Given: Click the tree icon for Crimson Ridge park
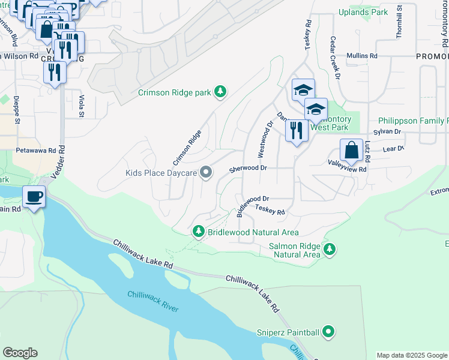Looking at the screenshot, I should (x=221, y=91).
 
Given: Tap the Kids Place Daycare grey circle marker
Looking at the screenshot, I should (x=206, y=173).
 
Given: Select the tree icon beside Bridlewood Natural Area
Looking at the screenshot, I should (x=198, y=231).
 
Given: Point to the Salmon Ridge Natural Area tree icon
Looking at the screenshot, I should (x=329, y=249).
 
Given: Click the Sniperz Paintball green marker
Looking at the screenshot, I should (x=328, y=331).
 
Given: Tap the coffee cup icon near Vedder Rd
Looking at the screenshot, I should (x=34, y=196).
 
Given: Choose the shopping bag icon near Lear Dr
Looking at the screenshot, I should (x=352, y=150).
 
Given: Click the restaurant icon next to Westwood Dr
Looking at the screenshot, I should (x=296, y=130).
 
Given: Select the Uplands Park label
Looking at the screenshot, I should (x=363, y=11).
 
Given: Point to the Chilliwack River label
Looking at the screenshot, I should (x=152, y=300).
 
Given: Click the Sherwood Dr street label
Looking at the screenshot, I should (x=248, y=169).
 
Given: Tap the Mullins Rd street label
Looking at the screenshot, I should (x=361, y=56).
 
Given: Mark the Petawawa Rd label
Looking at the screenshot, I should (x=36, y=150).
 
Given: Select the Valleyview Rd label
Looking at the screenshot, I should (x=347, y=170).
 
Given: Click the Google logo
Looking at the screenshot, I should (x=20, y=353).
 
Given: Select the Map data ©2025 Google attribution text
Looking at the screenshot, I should (x=412, y=355).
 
